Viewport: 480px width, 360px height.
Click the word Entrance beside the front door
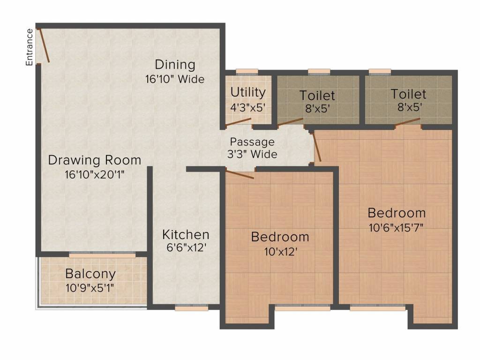coord(29,47)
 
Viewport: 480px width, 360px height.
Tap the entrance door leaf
coord(44,45)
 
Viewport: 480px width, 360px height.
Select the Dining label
coord(175,65)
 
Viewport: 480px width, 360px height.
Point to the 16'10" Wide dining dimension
coord(175,79)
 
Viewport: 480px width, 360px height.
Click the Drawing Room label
coord(95,160)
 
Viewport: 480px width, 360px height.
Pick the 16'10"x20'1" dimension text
coord(95,175)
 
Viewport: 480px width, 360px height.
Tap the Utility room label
coord(248,92)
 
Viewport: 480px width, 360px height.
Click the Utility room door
coord(238,122)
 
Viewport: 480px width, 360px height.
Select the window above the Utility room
coord(247,72)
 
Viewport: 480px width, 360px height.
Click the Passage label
coord(252,142)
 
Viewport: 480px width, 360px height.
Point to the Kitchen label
coord(186,235)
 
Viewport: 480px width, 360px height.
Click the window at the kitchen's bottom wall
coord(192,307)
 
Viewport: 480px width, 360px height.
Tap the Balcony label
coord(90,274)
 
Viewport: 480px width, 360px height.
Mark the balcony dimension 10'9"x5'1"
coord(90,288)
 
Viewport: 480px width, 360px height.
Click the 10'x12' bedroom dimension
coord(281,252)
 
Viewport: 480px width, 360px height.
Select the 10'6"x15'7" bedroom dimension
coord(396,228)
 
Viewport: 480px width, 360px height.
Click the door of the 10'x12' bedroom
coord(240,173)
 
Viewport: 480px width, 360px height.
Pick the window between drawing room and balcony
coord(102,255)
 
